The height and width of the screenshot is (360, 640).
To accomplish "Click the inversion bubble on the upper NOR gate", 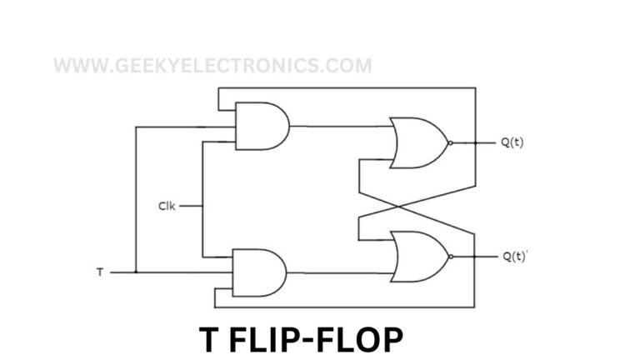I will tap(451, 142).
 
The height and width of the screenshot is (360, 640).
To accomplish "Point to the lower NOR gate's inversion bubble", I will tap(451, 256).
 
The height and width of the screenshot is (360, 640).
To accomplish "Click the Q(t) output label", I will tap(512, 142).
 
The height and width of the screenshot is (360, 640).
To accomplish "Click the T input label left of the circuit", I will tap(101, 272).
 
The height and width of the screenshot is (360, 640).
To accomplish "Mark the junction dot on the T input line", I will tap(135, 272).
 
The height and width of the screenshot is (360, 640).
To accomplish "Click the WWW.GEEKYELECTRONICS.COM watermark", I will tap(212, 65).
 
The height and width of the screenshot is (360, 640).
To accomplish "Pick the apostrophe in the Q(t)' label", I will tap(527, 252).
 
